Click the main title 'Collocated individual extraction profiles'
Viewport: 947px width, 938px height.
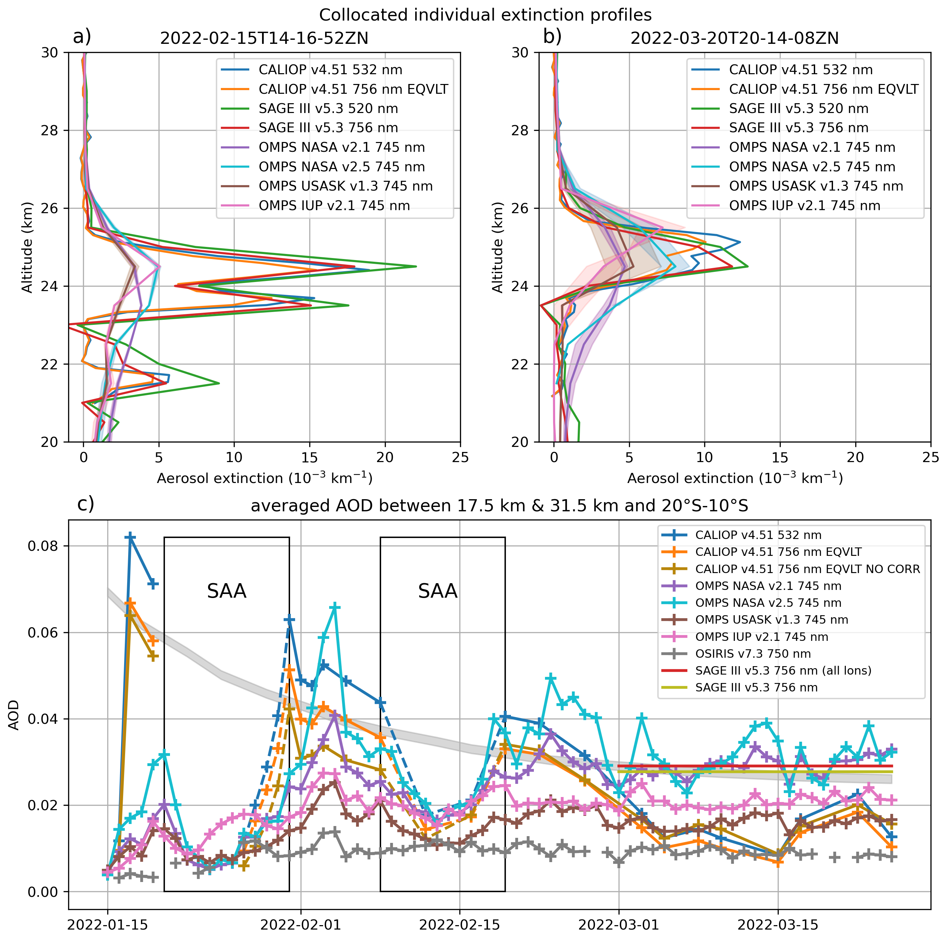point(485,15)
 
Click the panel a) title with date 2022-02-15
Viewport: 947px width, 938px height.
point(264,38)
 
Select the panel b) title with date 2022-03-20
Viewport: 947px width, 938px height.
point(734,38)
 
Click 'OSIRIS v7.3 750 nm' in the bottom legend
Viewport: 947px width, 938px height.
point(753,654)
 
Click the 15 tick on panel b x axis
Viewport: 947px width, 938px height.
point(780,457)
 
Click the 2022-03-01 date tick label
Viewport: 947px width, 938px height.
point(619,925)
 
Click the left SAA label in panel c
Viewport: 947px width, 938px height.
point(226,591)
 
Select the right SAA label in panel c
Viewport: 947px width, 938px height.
point(438,591)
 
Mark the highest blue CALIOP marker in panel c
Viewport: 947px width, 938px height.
point(130,537)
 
